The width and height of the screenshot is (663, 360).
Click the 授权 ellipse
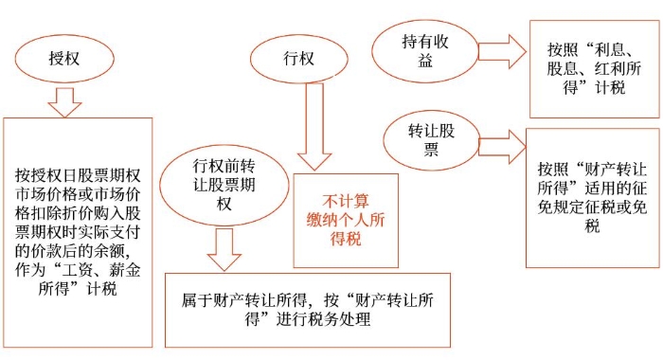[x=63, y=56]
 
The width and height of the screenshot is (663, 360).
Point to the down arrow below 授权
[x=64, y=100]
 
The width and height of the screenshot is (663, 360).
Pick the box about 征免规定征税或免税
[x=593, y=185]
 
